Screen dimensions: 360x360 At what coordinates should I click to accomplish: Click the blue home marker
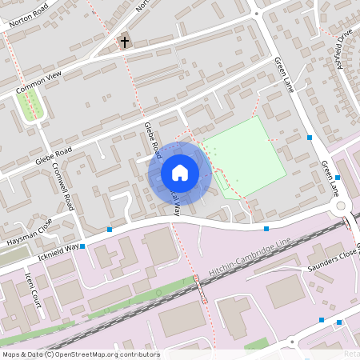coord(179,172)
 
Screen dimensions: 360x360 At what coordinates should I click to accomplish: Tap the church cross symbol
coord(124,42)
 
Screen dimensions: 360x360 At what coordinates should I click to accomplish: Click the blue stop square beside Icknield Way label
coord(82,246)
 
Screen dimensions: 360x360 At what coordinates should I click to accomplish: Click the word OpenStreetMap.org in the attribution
coord(106,354)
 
